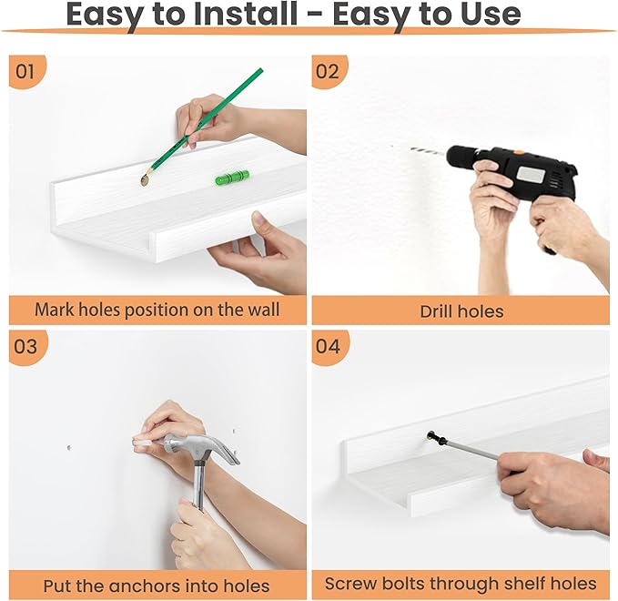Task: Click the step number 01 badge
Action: pos(25,71)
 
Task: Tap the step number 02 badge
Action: pos(328,71)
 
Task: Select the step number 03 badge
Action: pos(26,347)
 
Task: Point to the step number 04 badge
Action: pos(329,347)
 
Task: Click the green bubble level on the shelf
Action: pos(232,177)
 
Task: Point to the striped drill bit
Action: pos(429,151)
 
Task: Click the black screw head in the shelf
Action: pos(431,436)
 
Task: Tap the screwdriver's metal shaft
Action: pos(471,450)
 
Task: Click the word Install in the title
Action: pos(245,14)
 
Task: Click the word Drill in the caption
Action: pos(435,311)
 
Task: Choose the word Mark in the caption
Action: pos(55,310)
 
